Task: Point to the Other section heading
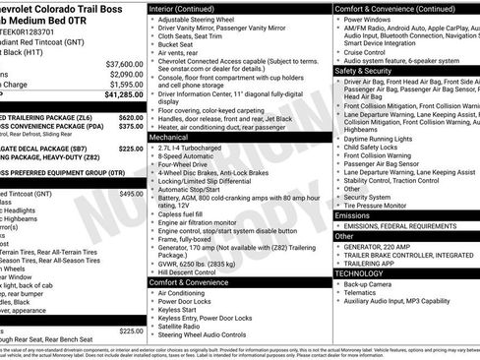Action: (x=343, y=236)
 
